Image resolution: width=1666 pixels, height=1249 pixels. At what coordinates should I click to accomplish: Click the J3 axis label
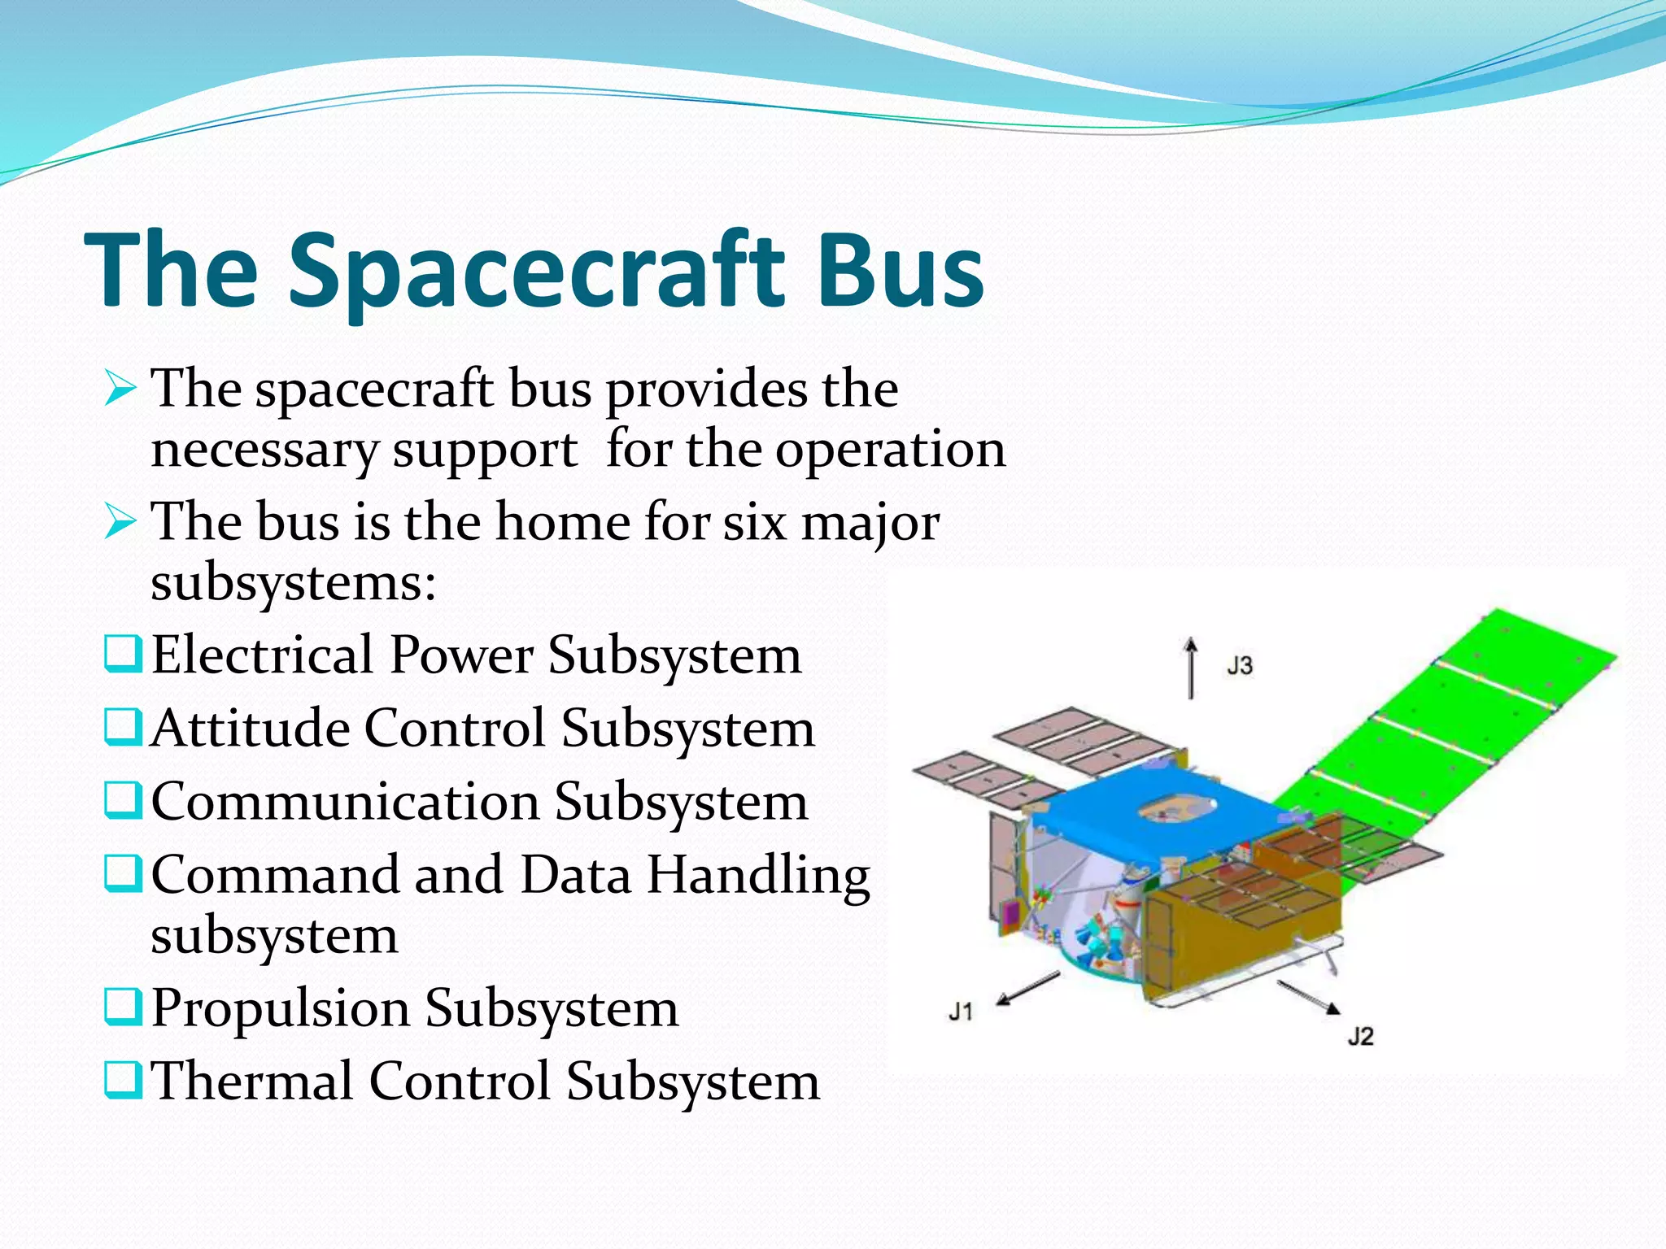[x=1240, y=666]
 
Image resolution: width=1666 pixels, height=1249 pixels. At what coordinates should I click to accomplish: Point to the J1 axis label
[x=961, y=1012]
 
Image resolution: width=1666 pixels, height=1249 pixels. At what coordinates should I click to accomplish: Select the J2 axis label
[x=1360, y=1037]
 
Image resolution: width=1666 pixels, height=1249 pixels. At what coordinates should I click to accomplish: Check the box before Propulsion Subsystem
[x=123, y=1007]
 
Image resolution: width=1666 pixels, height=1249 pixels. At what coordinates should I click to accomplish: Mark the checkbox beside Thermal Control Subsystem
[x=123, y=1081]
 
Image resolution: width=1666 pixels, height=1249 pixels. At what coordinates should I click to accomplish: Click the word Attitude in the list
[x=250, y=727]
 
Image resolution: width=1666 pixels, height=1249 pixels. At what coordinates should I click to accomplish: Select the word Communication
[x=345, y=801]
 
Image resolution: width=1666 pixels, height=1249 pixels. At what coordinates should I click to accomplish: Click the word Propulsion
[x=280, y=1008]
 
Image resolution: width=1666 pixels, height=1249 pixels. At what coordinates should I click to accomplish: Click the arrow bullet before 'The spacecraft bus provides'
[x=120, y=389]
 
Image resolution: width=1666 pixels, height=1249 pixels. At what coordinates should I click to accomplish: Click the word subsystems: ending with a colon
[x=294, y=582]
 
